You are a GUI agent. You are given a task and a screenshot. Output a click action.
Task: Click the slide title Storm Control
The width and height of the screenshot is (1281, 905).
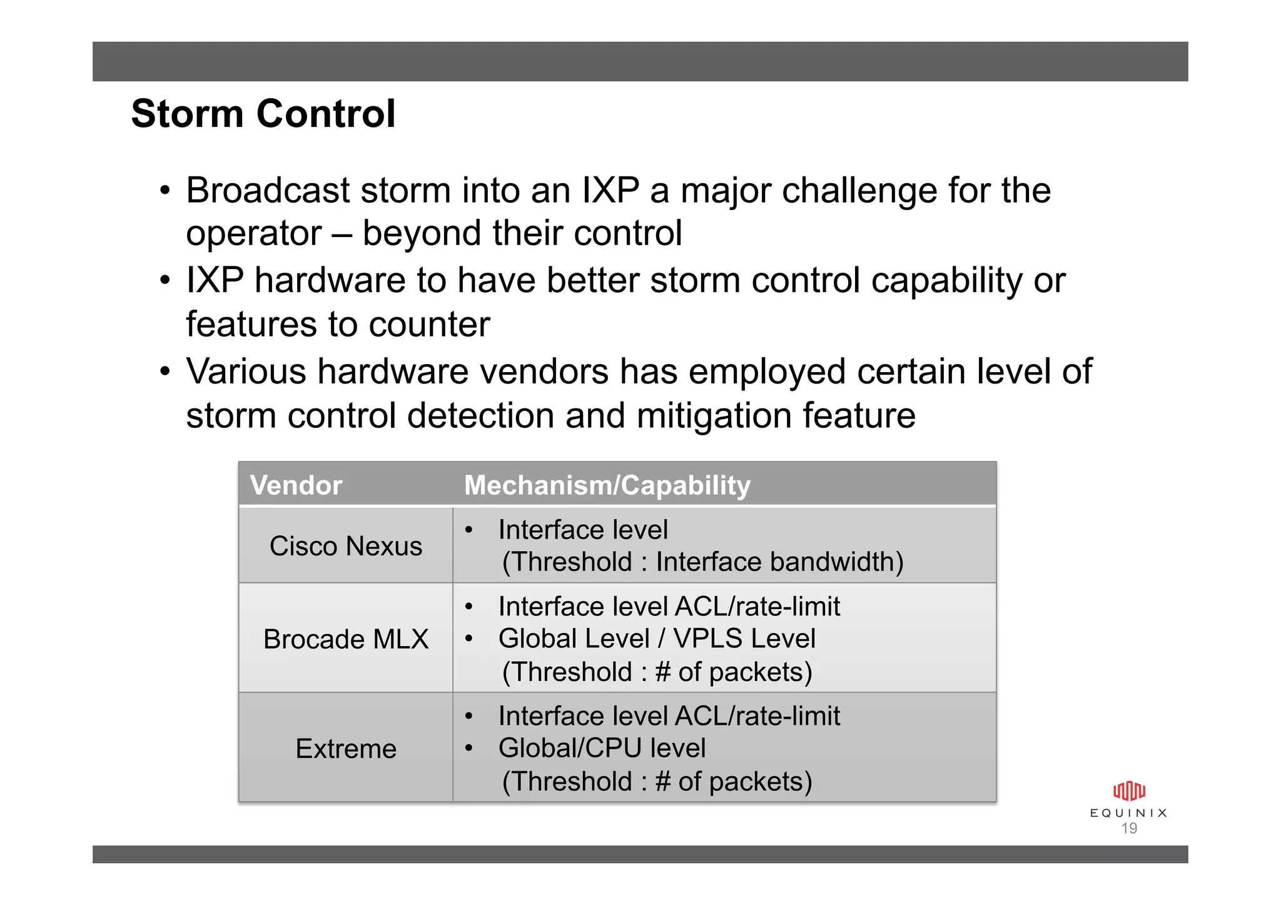[263, 114]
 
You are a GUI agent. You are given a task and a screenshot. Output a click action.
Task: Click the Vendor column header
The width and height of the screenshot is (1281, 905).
[296, 485]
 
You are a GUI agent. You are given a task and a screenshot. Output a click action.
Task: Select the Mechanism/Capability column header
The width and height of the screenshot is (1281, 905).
[607, 485]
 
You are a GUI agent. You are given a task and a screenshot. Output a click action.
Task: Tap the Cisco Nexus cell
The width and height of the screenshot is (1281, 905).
[345, 546]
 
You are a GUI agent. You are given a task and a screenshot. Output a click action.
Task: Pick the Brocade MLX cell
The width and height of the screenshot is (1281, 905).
[345, 639]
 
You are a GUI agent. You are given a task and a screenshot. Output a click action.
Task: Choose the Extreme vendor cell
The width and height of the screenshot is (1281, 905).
[345, 749]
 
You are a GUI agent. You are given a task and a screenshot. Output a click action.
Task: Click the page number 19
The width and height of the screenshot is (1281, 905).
[1129, 829]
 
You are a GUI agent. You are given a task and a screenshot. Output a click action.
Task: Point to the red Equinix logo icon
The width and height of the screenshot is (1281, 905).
[1129, 791]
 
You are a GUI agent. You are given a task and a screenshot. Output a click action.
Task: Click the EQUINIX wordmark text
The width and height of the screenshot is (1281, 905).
[1129, 813]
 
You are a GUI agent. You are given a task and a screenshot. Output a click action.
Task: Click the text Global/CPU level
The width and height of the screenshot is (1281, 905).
[602, 748]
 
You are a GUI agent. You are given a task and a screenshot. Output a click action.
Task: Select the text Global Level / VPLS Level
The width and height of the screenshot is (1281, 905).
[657, 639]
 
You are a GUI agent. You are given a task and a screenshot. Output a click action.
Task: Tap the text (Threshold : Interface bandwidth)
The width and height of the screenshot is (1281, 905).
[702, 562]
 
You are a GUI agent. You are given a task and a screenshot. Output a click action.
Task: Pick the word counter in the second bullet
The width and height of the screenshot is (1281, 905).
[429, 325]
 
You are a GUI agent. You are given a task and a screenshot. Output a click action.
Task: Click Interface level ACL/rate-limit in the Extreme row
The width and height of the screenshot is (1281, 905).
[669, 716]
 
